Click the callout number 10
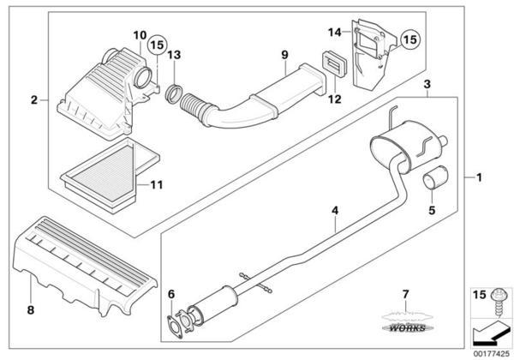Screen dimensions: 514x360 coord(140,35)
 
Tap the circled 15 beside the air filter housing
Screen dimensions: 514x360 coord(157,45)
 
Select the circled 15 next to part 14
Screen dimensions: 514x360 coord(409,39)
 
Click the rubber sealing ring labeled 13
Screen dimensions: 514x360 coord(173,93)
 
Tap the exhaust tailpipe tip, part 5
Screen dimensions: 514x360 coord(434,178)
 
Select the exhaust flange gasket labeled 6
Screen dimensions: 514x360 coord(175,327)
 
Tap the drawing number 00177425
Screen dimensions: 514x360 coord(492,353)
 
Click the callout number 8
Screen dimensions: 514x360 coord(31,309)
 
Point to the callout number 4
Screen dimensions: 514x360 coord(335,211)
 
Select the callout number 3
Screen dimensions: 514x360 coord(427,84)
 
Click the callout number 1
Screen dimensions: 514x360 coord(479,177)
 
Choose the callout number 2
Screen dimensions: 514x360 coord(34,99)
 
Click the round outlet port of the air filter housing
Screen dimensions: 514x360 coord(143,77)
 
